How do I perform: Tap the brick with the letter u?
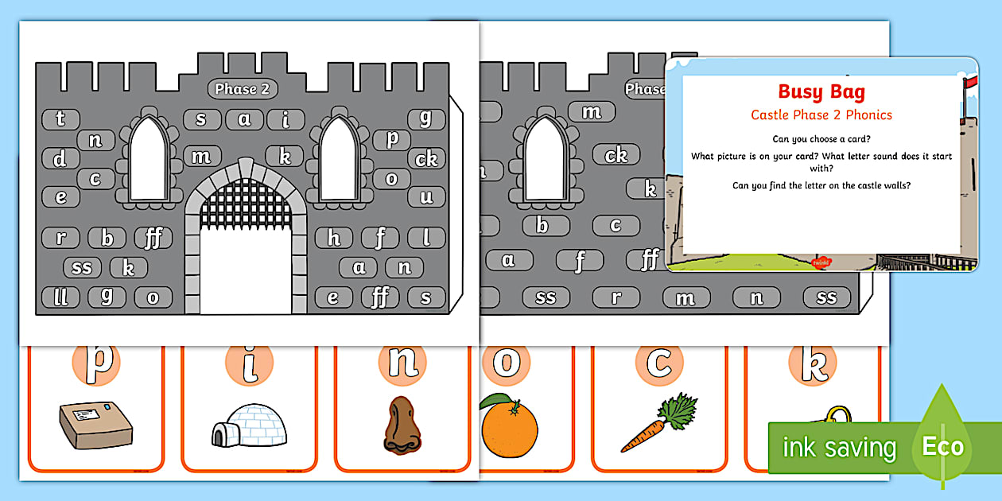[x=426, y=196]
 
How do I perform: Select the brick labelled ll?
[x=60, y=298]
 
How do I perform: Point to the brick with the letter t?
[x=60, y=119]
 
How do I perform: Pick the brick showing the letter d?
[x=60, y=159]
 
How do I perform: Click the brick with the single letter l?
[x=426, y=237]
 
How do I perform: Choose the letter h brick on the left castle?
[x=334, y=237]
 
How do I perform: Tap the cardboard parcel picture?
[x=95, y=423]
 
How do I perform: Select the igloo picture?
[x=247, y=425]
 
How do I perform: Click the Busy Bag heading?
[x=821, y=92]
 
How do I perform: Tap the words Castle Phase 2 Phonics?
[x=821, y=115]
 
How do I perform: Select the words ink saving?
[x=839, y=448]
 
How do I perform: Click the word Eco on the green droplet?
[x=942, y=447]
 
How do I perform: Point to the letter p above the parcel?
[x=95, y=362]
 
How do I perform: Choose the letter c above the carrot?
[x=658, y=362]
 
